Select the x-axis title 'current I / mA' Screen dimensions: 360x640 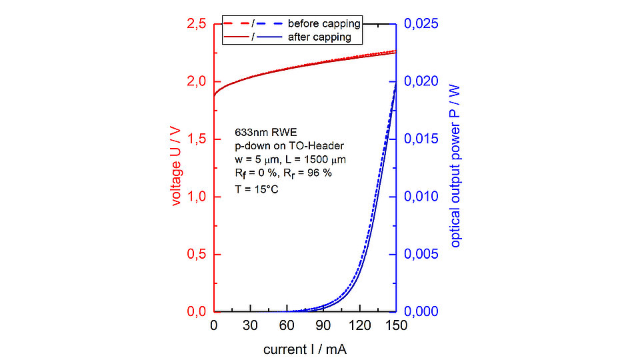[x=305, y=349]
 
